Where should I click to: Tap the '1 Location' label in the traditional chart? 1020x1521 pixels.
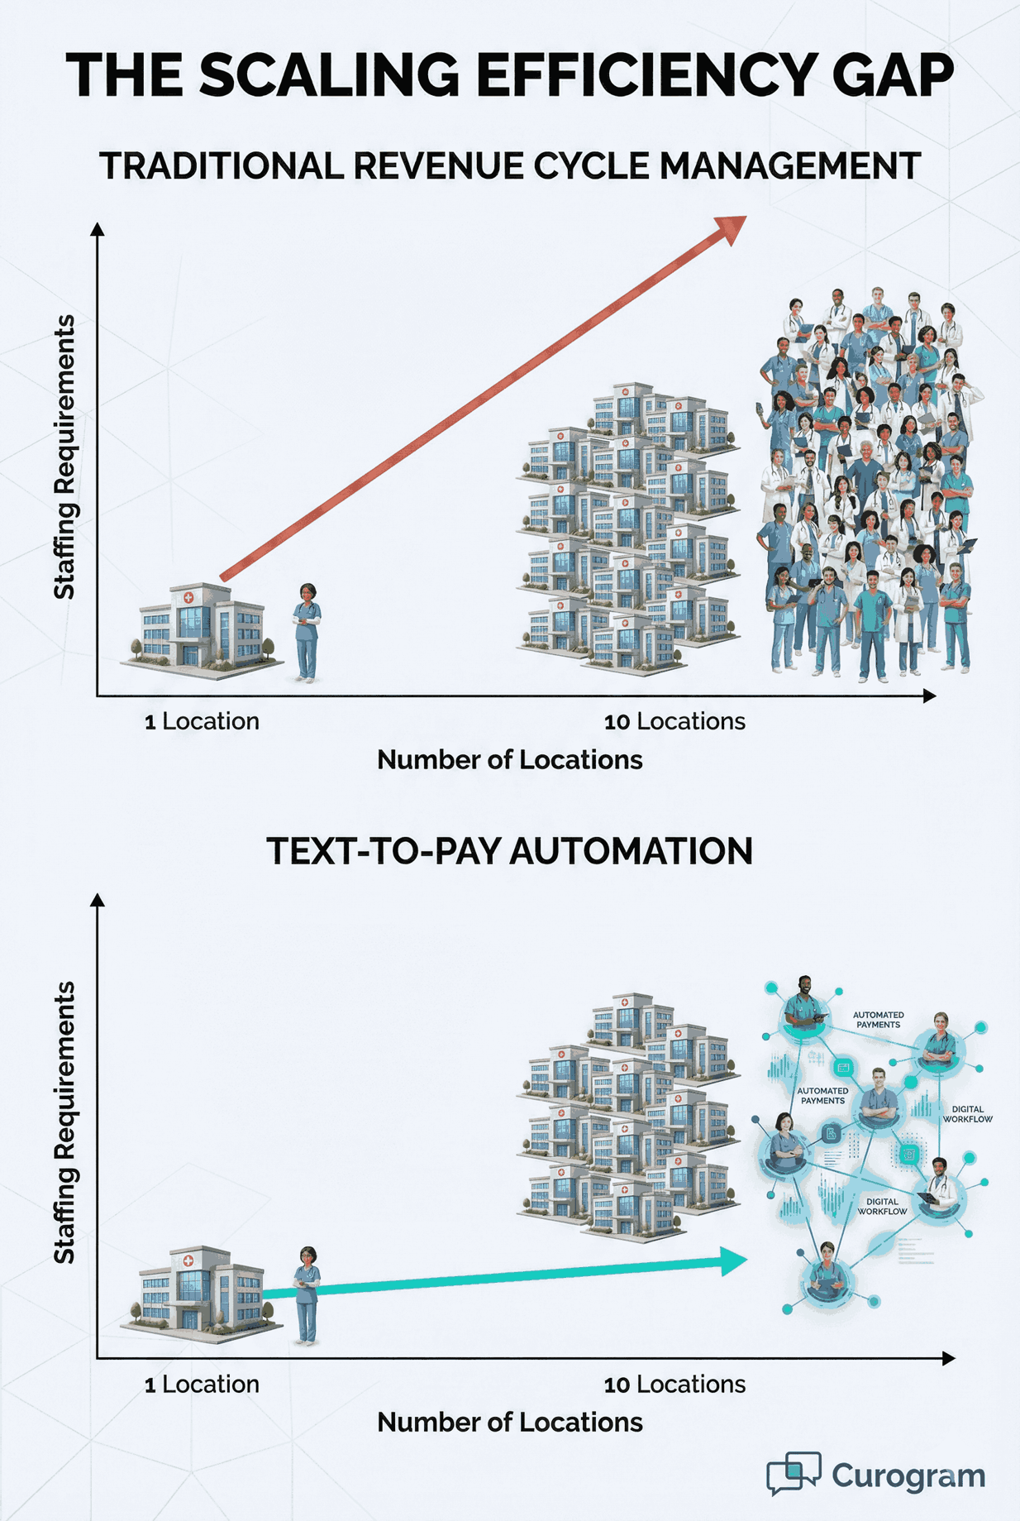pos(202,721)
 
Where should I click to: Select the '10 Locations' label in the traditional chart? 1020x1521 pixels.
pos(674,721)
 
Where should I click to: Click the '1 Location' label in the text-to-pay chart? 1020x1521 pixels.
pos(202,1385)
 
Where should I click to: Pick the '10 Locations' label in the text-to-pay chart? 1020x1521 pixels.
pos(674,1385)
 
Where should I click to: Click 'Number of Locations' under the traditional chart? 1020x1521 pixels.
pos(510,760)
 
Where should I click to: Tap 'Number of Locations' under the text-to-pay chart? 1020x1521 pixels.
pos(510,1423)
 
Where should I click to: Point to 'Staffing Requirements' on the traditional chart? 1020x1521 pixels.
pos(64,457)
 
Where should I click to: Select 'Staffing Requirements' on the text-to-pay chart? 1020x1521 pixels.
pos(64,1123)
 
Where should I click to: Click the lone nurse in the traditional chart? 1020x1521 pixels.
pos(307,633)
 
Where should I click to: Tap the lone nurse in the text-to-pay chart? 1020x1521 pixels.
pos(307,1296)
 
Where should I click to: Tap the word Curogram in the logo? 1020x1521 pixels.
pos(908,1476)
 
